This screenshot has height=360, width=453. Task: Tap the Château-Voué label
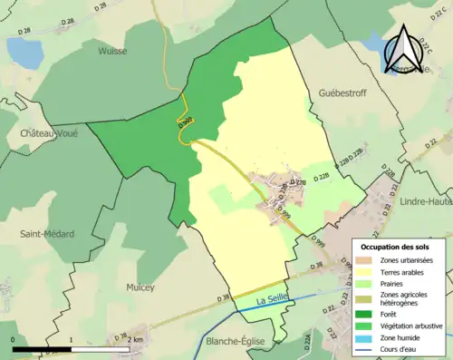(41, 133)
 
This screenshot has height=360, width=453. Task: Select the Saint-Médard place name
(48, 234)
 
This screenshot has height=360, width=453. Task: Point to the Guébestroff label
(346, 92)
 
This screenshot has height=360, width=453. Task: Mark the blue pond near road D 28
(26, 54)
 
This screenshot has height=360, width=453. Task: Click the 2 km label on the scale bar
(135, 339)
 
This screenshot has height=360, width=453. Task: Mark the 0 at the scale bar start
(14, 339)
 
